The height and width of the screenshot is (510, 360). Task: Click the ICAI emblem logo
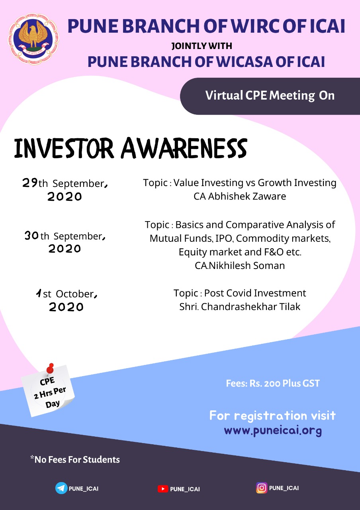tap(33, 39)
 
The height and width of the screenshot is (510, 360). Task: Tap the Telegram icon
tap(61, 488)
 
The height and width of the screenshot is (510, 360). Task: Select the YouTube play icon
tap(163, 488)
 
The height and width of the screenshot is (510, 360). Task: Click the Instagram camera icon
tap(262, 488)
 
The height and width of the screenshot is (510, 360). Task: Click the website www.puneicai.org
tap(273, 430)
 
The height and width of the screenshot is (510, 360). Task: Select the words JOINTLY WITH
tap(202, 46)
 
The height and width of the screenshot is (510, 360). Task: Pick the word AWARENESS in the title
tap(184, 148)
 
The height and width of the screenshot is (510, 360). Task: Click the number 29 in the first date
tap(30, 182)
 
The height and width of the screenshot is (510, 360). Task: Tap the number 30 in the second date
tap(31, 235)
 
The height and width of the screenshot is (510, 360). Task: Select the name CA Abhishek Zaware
tap(240, 196)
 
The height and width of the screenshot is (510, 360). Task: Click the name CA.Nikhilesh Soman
tap(240, 265)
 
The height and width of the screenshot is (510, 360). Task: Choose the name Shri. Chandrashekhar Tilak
tap(240, 307)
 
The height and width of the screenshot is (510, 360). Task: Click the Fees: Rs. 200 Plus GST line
tap(273, 383)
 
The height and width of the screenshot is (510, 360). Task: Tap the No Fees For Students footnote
tap(75, 459)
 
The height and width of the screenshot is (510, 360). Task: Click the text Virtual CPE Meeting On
tap(270, 95)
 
